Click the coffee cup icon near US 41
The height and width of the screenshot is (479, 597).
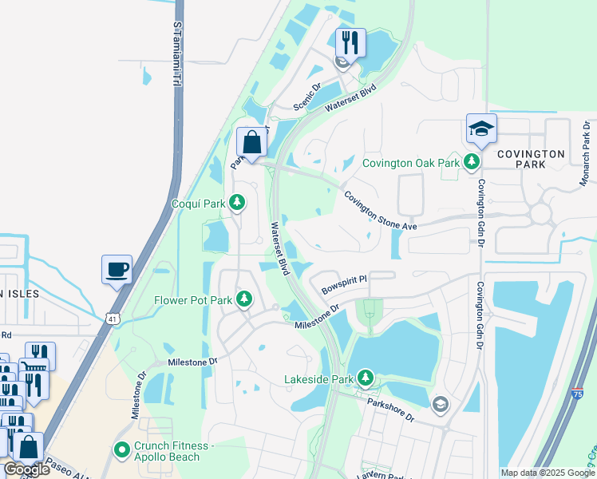coord(117,269)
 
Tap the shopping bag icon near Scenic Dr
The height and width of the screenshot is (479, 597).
coord(251,144)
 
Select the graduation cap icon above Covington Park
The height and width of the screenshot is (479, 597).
coord(481,129)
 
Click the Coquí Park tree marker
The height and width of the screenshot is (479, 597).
coord(236,204)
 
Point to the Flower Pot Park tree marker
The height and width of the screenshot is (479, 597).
coord(244,300)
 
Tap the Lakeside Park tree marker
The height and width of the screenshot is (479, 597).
coord(366,376)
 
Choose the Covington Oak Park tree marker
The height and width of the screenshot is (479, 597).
coord(472,163)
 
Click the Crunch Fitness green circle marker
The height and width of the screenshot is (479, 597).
coord(122,450)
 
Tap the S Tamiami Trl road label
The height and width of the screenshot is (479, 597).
coord(176,54)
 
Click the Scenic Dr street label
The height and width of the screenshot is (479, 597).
coord(306,97)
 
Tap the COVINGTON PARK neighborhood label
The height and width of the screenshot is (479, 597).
coord(531,159)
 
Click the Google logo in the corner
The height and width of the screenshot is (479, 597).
coord(27,469)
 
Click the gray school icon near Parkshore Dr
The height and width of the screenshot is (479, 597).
coord(438,406)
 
